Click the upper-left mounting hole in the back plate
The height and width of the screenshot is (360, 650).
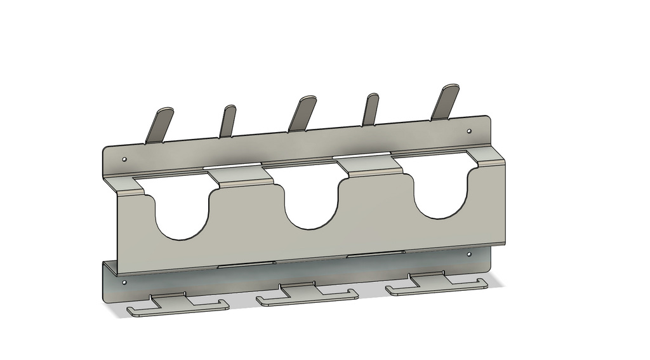124,159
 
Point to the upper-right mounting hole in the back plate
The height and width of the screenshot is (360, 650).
469,131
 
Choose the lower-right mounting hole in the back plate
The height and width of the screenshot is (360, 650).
469,254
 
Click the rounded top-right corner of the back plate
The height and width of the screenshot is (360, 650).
487,119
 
